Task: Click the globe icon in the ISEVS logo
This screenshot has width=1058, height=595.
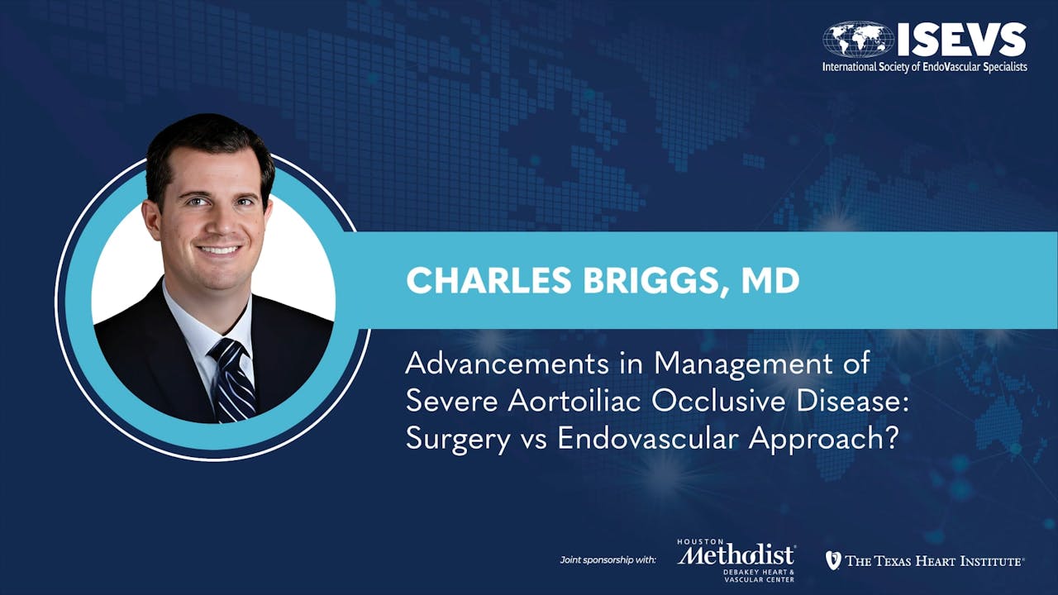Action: tap(857, 39)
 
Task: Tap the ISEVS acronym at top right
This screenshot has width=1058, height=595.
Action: tap(961, 39)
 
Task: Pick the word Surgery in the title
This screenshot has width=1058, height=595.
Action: tap(458, 439)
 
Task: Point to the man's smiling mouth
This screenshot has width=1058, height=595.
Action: tap(219, 249)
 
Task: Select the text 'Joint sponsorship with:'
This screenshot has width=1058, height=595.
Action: tap(608, 561)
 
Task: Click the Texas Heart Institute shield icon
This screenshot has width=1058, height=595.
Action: tap(833, 560)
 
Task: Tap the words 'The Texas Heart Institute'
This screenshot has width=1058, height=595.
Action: tap(934, 561)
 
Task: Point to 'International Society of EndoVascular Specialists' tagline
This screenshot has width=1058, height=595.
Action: tap(924, 66)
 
